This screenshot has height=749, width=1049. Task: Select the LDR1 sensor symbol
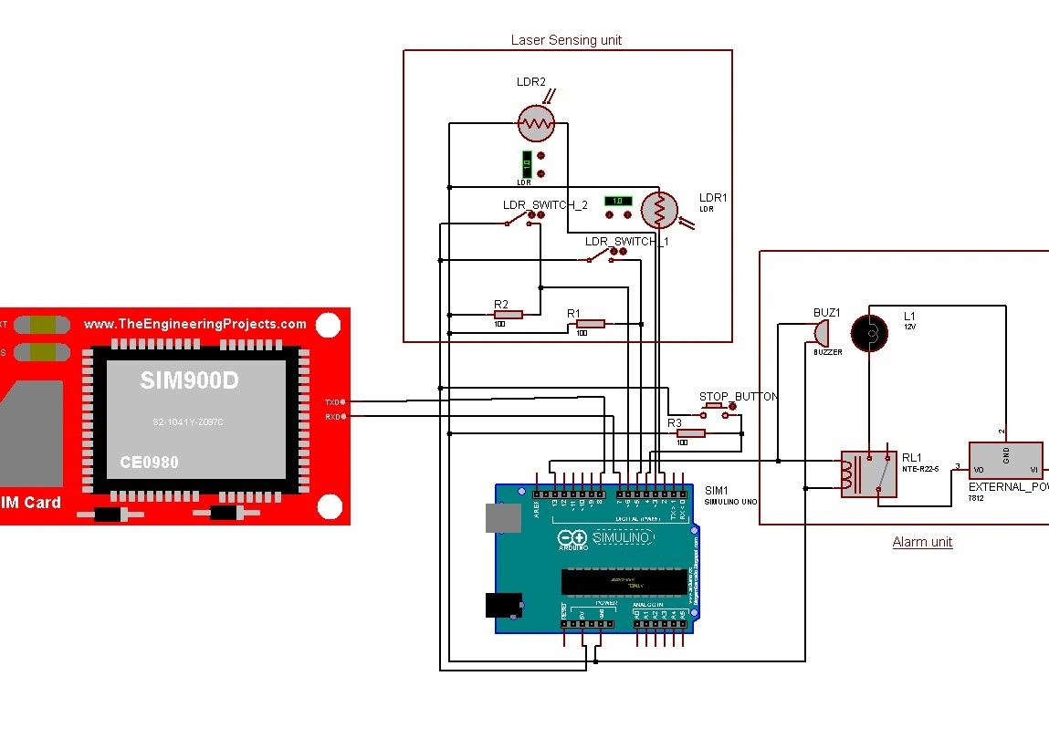point(660,211)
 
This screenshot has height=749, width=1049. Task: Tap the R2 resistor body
point(507,315)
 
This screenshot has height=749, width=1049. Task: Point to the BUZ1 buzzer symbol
point(823,331)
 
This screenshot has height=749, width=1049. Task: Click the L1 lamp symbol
point(868,333)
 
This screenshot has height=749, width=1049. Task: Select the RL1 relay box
point(868,473)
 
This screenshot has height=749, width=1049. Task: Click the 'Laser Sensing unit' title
point(566,40)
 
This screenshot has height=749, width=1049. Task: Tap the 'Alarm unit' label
point(922,542)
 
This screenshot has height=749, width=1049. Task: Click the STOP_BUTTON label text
point(739,397)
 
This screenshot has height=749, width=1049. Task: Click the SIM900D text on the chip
point(189,380)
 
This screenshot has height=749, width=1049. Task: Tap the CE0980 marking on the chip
point(149,463)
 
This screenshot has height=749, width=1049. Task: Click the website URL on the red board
point(195,324)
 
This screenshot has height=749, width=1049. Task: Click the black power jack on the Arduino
point(502,605)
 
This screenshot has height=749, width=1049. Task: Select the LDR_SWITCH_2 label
point(545,205)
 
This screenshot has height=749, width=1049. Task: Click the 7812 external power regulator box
point(1005,461)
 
